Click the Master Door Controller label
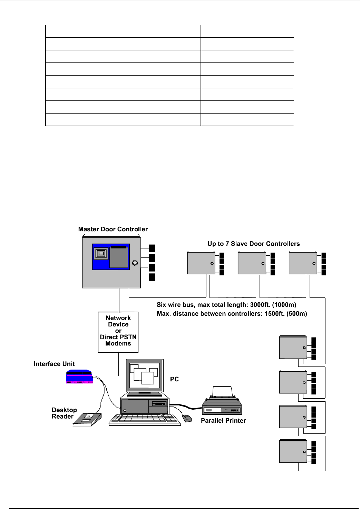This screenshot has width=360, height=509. pos(113,229)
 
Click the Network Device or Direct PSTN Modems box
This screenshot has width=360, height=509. pos(118,331)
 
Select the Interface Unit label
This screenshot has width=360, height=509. pos(54,364)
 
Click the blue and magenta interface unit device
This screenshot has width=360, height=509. pos(79,377)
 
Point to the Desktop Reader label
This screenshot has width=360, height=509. pos(64,413)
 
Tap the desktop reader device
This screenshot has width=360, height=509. pos(88,419)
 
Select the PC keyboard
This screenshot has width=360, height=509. pos(145,419)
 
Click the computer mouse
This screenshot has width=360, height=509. pos(187,419)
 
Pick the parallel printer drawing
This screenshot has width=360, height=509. pos(222,402)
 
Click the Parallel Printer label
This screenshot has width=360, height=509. pos(223,421)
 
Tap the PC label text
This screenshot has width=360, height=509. pos(174,379)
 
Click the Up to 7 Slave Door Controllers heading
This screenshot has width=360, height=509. pos(254,244)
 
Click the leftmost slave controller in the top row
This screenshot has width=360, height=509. pos(201,263)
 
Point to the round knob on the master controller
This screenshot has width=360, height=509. pos(135,263)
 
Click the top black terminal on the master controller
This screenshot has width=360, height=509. pos(152,248)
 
